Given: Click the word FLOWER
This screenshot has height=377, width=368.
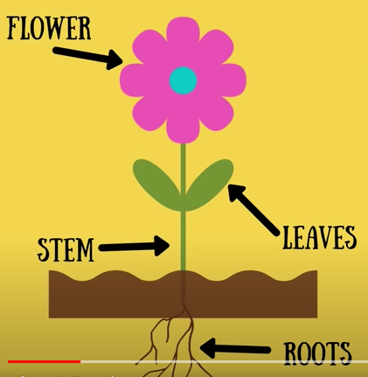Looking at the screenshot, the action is point(49,28).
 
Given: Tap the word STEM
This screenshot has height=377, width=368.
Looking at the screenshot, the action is point(66,249).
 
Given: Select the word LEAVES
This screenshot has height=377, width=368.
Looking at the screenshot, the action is point(320,238).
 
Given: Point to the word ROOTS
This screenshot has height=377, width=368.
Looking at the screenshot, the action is point(318,353).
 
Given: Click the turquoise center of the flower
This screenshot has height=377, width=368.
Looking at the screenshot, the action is point(183,80).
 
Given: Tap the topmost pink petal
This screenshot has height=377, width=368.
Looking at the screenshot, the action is point(183,33).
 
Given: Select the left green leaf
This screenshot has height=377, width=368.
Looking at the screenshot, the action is point(157,183).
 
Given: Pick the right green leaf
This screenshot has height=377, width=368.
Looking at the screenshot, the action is point(209,183).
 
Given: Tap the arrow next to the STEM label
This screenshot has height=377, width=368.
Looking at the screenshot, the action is point(134,247).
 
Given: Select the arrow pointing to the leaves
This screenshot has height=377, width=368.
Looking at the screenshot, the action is point(253,210).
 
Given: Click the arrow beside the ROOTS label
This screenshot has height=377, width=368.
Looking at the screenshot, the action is point(235,348).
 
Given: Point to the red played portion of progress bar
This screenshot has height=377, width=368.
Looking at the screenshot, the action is point(44,361).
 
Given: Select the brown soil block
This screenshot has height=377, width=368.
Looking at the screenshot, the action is point(183,294).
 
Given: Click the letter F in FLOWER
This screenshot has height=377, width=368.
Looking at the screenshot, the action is point(13,28).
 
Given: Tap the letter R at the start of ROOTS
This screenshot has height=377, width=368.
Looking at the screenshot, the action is point(290,353).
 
